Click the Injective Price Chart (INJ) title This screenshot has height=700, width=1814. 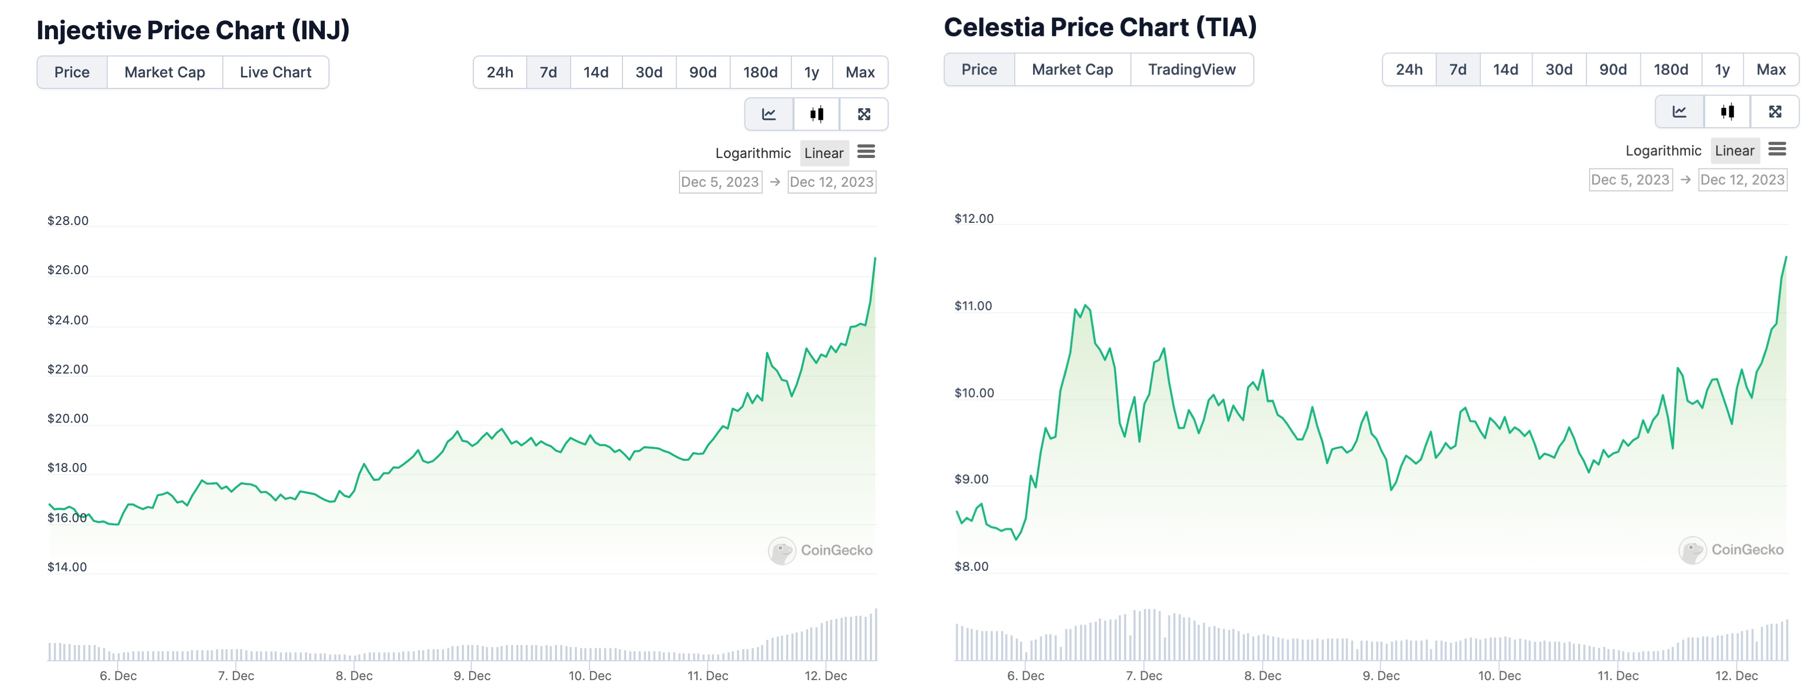point(193,30)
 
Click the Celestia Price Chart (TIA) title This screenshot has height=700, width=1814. point(1100,27)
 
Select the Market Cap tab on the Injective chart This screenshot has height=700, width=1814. point(164,73)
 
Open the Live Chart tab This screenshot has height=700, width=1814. point(275,73)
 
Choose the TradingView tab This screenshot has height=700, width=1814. point(1192,70)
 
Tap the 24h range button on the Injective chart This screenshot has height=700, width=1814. point(500,73)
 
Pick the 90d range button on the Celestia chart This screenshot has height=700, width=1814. point(1613,70)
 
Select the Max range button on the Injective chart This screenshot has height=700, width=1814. point(860,73)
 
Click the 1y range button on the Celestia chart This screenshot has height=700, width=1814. point(1722,70)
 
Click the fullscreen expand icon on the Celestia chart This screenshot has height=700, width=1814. point(1775,111)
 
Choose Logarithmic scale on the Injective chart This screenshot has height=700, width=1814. point(753,153)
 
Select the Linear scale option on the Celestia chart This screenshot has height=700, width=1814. point(1734,151)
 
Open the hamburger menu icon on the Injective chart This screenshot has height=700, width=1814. point(866,152)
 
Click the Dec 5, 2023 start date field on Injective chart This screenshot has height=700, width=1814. point(720,183)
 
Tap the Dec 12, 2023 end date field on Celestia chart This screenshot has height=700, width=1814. point(1742,179)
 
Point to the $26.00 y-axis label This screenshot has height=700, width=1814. point(67,270)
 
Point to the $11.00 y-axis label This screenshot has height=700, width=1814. point(973,306)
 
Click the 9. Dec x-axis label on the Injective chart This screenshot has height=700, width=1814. point(472,676)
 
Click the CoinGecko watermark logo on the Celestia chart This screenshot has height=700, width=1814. point(1692,550)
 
